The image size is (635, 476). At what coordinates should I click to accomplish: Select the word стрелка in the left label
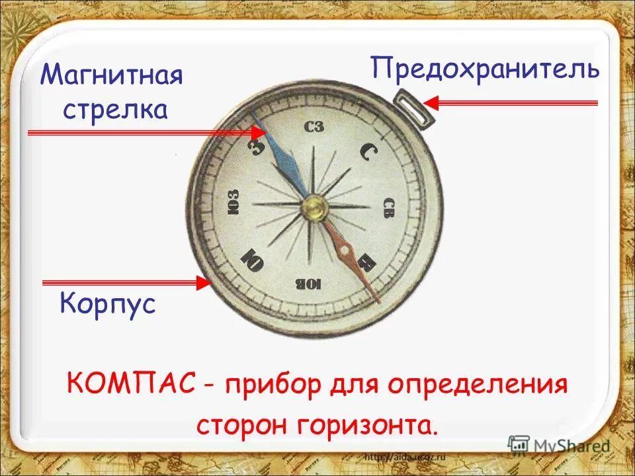pyautogui.click(x=115, y=109)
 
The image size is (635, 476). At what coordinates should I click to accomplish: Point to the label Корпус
pyautogui.click(x=108, y=304)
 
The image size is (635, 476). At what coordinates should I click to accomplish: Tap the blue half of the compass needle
pyautogui.click(x=281, y=158)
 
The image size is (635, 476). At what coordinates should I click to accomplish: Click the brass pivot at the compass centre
pyautogui.click(x=314, y=208)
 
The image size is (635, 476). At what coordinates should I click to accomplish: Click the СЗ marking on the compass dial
pyautogui.click(x=314, y=127)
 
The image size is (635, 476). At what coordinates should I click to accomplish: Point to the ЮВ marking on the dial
pyautogui.click(x=308, y=284)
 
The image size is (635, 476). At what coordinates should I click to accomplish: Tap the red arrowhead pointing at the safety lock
pyautogui.click(x=431, y=102)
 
